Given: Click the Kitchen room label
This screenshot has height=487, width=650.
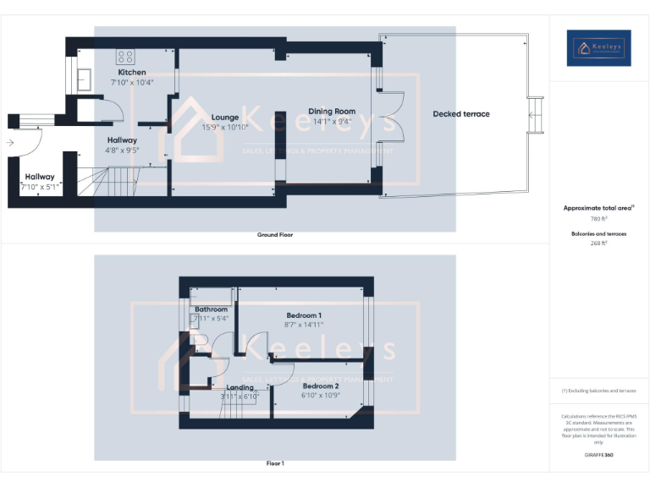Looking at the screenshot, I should click(132, 73).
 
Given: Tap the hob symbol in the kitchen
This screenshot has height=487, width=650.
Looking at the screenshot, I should click(126, 57).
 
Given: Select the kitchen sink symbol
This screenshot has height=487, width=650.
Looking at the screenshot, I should click(85, 79).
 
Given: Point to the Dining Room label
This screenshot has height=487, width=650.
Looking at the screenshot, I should click(332, 111).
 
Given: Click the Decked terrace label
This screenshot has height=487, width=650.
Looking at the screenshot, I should click(461, 114).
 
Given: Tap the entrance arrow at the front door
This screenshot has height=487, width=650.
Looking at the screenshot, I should click(10, 143).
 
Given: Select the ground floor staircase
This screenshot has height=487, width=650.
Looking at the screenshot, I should click(108, 180).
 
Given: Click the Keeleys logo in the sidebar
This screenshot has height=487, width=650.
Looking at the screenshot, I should click(598, 48).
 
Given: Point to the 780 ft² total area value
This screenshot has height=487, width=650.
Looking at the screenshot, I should click(598, 218).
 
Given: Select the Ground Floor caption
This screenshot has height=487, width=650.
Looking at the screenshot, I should click(275, 234).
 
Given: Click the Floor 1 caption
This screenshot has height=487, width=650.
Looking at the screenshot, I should click(275, 463).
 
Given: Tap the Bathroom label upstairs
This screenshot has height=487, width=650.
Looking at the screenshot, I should click(212, 309).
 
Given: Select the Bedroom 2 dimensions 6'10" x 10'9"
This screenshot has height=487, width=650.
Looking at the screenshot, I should click(322, 395).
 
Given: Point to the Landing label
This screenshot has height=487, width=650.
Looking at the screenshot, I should click(240, 387).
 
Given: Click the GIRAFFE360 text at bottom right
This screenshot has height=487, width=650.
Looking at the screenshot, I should click(598, 455).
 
